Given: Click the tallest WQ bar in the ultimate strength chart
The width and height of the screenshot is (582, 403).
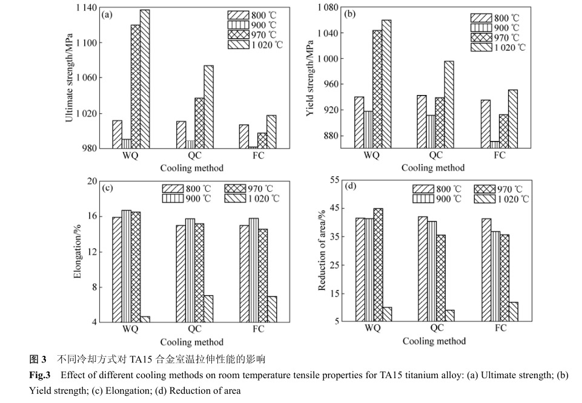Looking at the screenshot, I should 145,79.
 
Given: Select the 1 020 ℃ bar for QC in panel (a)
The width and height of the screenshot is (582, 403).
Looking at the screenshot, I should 208,106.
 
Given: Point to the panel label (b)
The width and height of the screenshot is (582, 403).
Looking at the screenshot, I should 349,15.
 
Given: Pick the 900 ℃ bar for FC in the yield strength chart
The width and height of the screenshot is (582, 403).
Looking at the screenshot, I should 495,145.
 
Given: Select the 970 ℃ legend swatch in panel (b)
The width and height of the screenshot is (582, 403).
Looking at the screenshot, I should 481,38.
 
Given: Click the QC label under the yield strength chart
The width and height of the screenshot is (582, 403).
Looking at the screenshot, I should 435,156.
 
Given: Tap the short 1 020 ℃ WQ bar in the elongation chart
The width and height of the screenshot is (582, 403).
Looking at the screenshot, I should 145,319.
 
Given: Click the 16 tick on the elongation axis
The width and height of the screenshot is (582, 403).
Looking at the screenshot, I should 92,216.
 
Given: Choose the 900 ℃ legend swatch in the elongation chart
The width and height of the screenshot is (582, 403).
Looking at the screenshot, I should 173,198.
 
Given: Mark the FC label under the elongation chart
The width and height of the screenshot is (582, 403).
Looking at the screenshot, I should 259,329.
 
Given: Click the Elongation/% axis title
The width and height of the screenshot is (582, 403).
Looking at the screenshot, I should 78,251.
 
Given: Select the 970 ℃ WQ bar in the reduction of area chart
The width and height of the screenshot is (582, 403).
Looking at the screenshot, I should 378,264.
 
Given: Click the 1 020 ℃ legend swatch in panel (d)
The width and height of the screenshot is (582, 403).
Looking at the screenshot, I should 484,199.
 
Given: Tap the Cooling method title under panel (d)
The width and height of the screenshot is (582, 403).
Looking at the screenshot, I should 434,341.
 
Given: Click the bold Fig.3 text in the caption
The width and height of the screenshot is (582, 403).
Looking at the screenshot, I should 40,375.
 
